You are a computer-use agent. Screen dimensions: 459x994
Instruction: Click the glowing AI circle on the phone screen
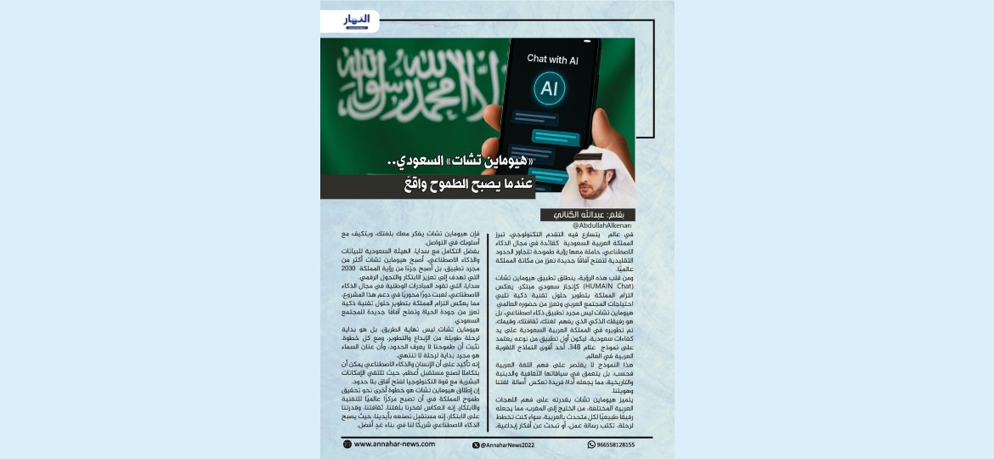(549, 88)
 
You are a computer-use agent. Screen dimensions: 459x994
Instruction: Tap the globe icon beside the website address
(347, 444)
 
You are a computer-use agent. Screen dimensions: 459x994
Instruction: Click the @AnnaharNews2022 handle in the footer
(509, 445)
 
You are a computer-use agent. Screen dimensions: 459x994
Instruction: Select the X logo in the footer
(476, 445)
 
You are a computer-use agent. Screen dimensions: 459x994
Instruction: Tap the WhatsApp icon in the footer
(592, 445)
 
